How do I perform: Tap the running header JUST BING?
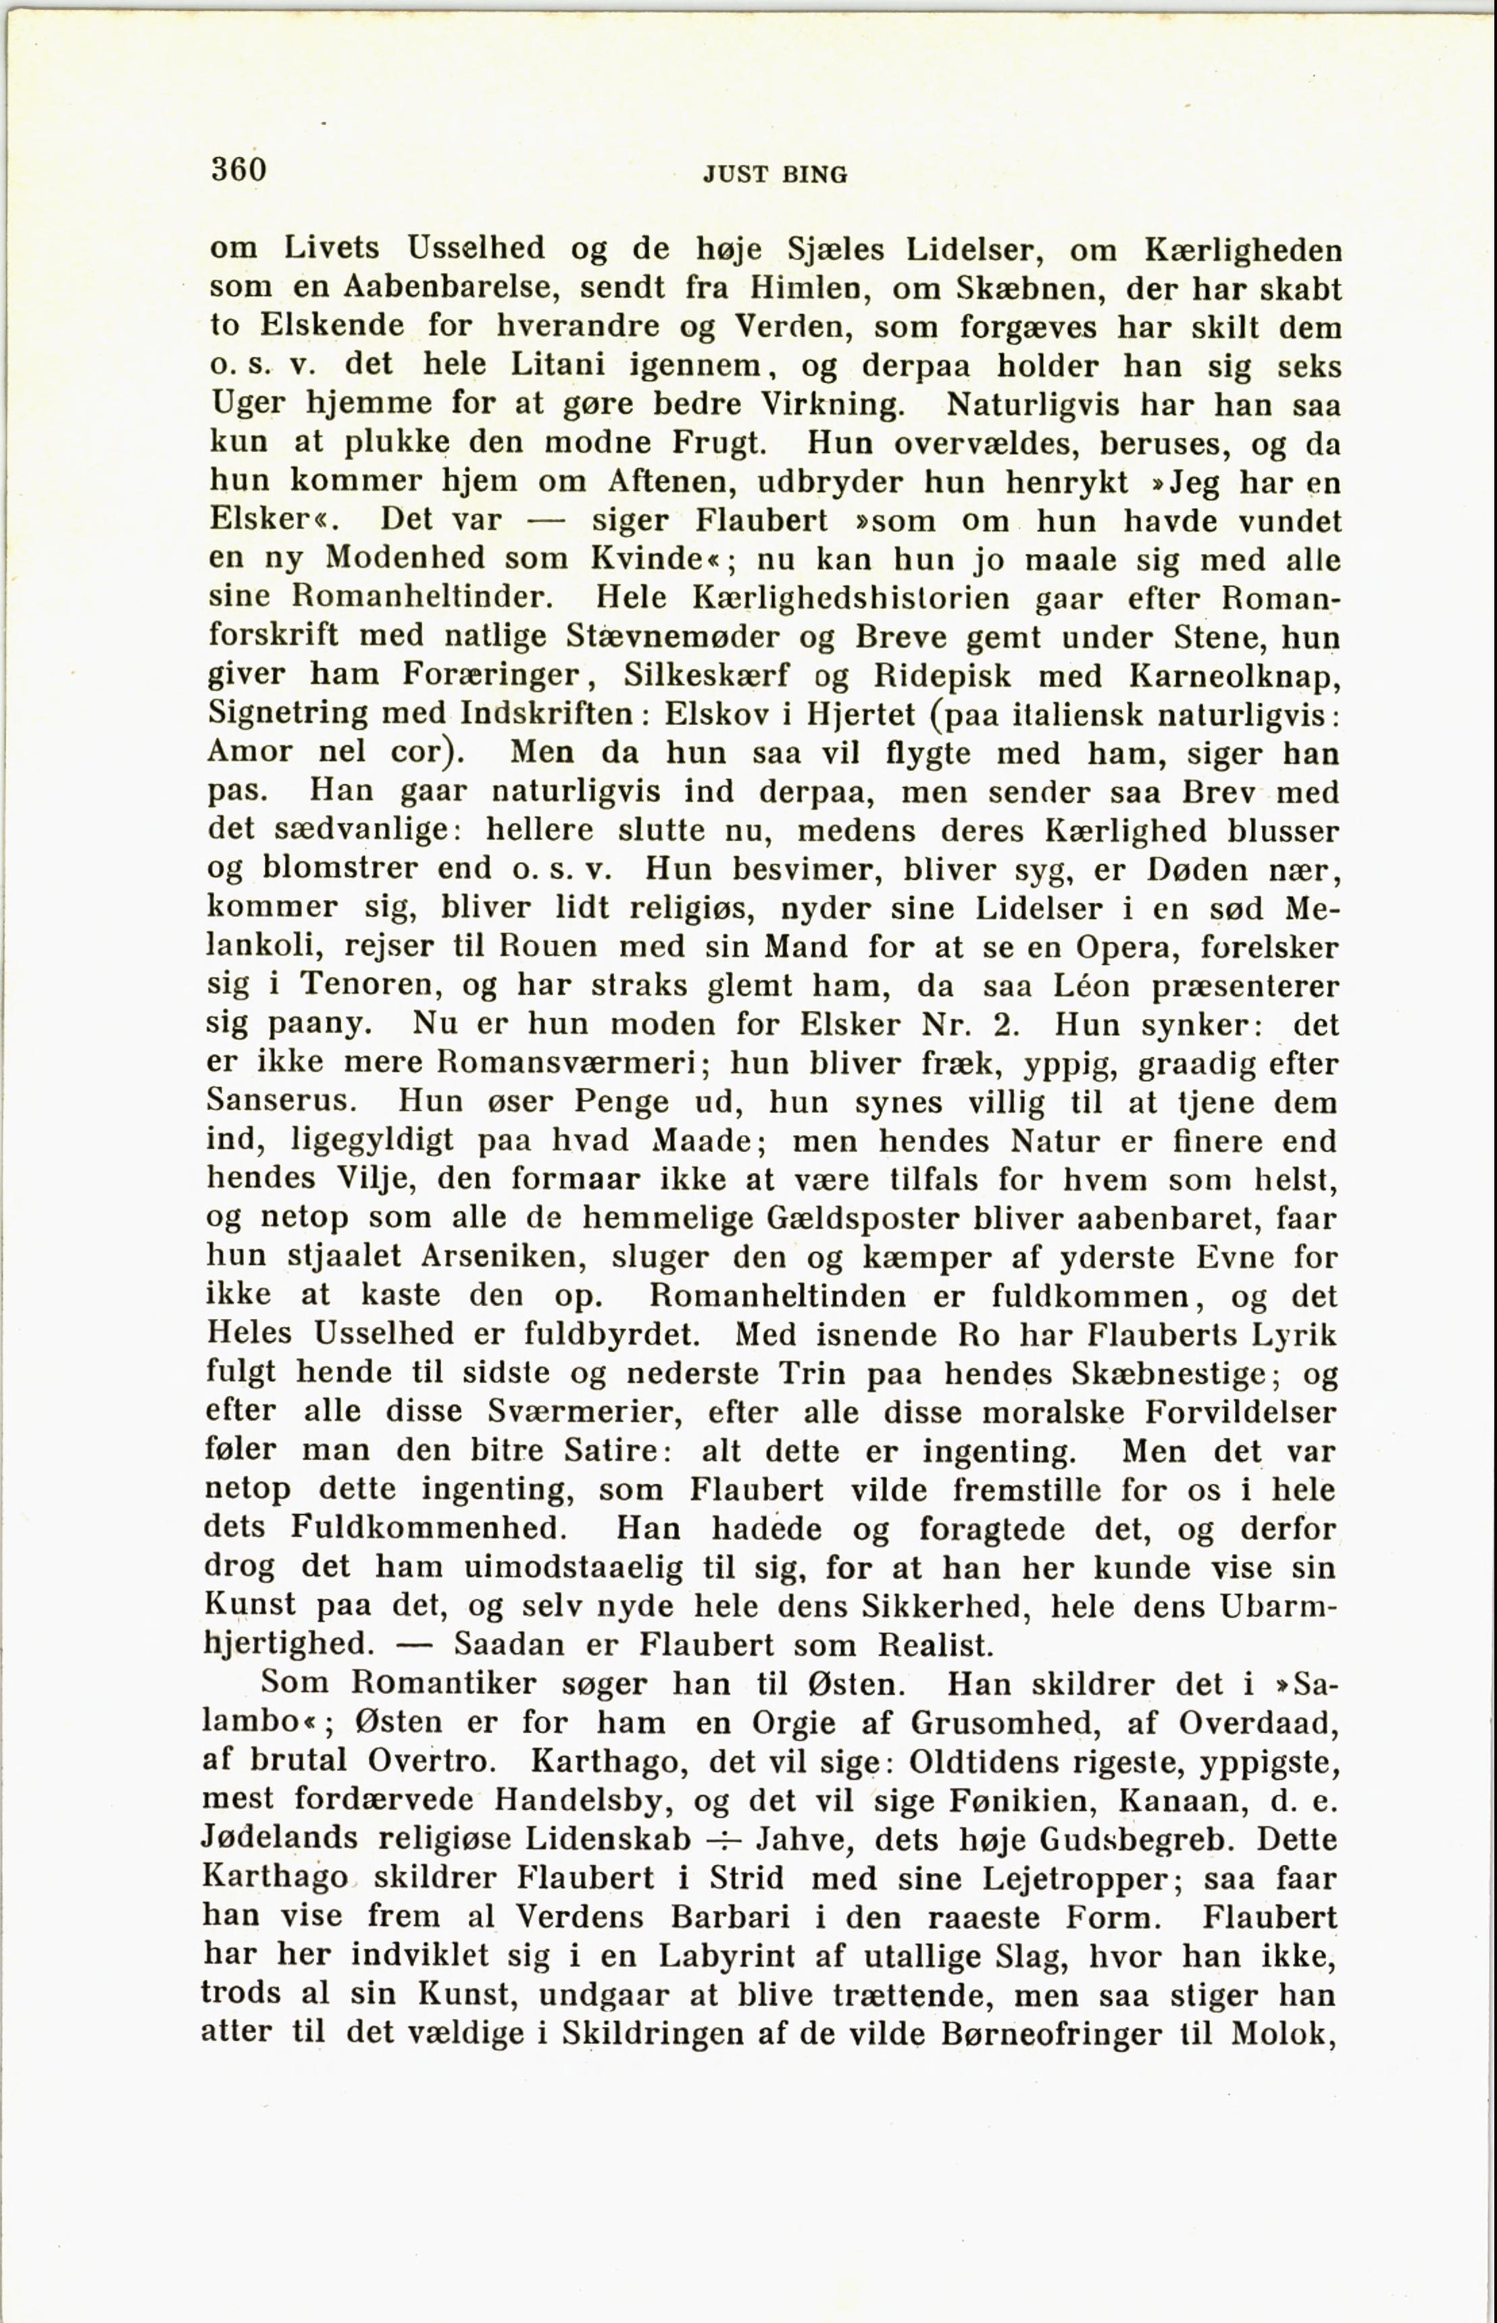tap(775, 175)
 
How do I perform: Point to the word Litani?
tap(558, 366)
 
